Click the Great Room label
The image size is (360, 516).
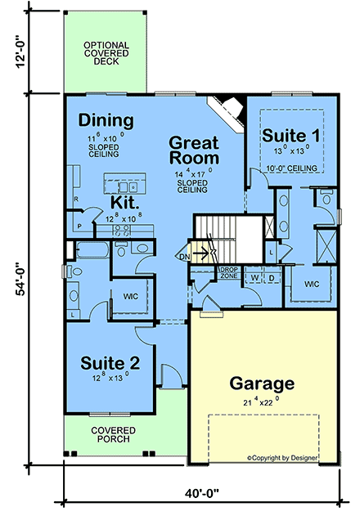194,150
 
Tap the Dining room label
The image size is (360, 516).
106,121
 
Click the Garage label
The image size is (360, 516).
261,383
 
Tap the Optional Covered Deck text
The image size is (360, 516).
106,53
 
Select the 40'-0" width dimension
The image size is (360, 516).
200,494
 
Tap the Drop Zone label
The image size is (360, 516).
228,271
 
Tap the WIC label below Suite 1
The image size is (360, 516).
312,284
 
